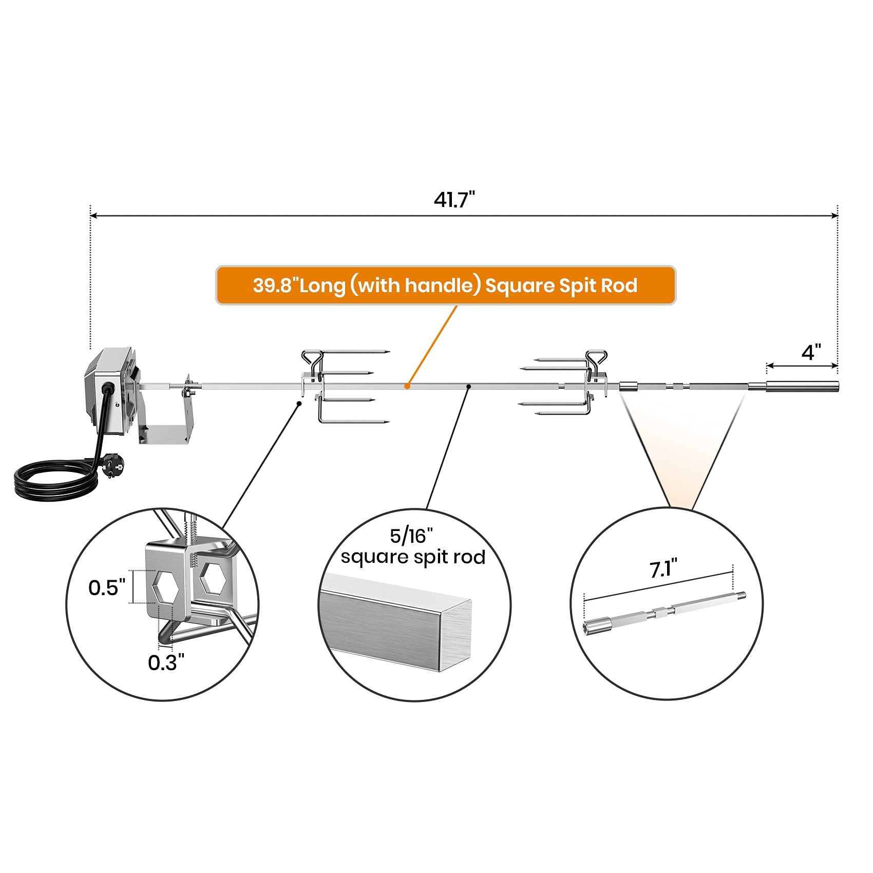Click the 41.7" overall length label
point(454,199)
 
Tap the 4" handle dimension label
point(811,352)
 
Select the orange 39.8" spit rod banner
point(445,286)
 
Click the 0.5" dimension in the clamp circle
point(106,587)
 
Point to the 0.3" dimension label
point(166,662)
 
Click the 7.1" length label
point(663,569)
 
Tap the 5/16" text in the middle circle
point(411,536)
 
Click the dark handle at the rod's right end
point(802,386)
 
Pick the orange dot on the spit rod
point(407,386)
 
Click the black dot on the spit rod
point(468,386)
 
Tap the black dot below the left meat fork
point(299,404)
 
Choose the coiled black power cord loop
point(54,480)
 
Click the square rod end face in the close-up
point(455,636)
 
